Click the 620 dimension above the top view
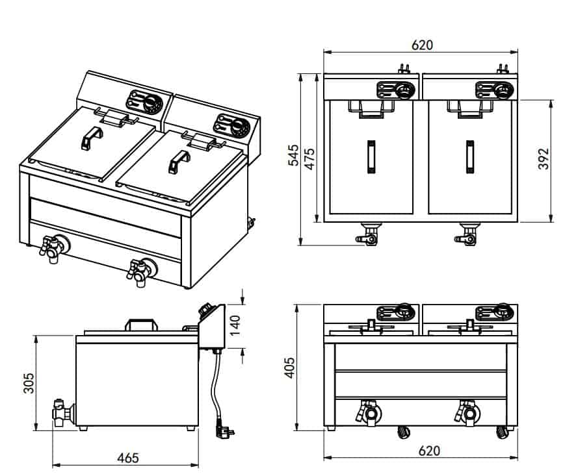pyautogui.click(x=421, y=45)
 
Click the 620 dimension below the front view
pyautogui.click(x=421, y=450)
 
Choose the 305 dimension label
pyautogui.click(x=28, y=383)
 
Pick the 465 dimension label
pyautogui.click(x=128, y=458)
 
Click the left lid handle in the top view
pyautogui.click(x=371, y=157)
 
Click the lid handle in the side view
pyautogui.click(x=144, y=324)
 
